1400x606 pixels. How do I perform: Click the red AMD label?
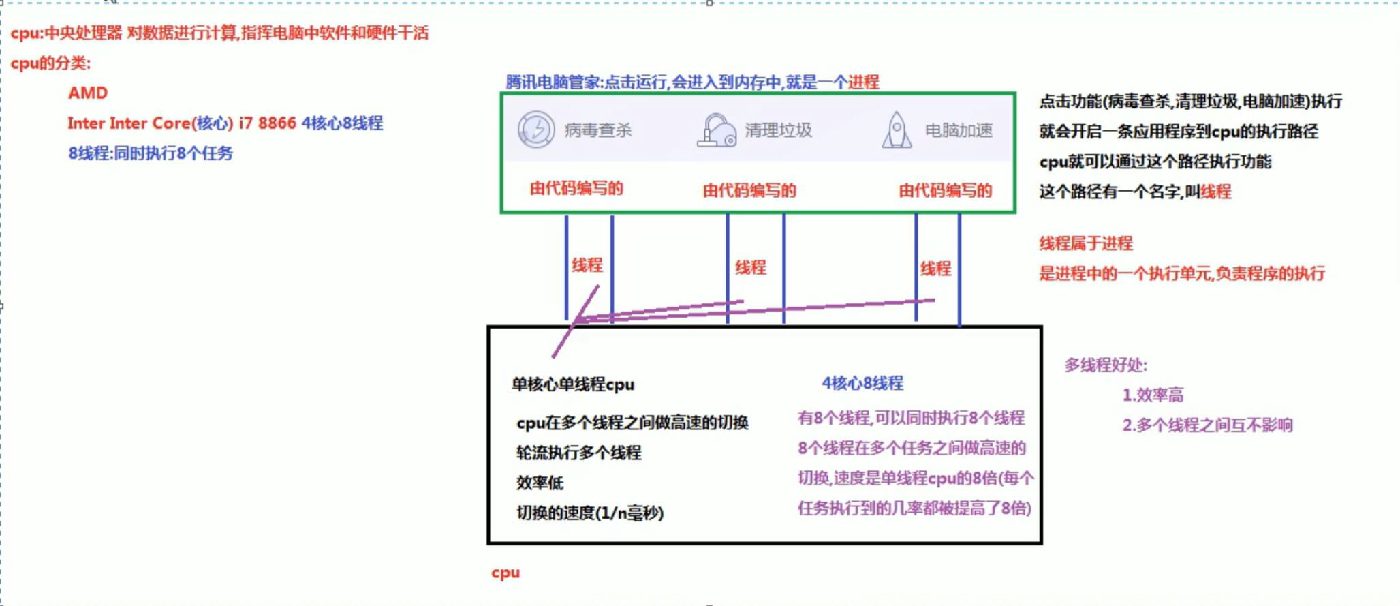pyautogui.click(x=88, y=93)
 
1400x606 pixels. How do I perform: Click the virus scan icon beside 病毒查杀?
pyautogui.click(x=536, y=130)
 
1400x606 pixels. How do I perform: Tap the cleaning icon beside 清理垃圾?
pyautogui.click(x=716, y=130)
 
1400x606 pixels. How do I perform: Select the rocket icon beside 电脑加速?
pyautogui.click(x=897, y=130)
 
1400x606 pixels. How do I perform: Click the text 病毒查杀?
pyautogui.click(x=597, y=130)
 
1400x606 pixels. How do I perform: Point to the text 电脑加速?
pyautogui.click(x=959, y=130)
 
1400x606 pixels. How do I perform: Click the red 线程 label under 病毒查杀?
pyautogui.click(x=587, y=265)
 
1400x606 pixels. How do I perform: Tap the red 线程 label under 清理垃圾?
pyautogui.click(x=751, y=267)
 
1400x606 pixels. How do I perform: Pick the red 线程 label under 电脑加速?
pyautogui.click(x=935, y=269)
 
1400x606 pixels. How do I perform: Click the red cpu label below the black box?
pyautogui.click(x=505, y=573)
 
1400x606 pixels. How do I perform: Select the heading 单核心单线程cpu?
pyautogui.click(x=573, y=384)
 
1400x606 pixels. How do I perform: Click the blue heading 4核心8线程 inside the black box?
pyautogui.click(x=862, y=383)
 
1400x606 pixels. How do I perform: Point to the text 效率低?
pyautogui.click(x=540, y=483)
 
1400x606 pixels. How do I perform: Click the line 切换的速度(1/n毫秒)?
pyautogui.click(x=590, y=513)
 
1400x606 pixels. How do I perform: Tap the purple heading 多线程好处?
pyautogui.click(x=1106, y=365)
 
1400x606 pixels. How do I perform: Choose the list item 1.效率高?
pyautogui.click(x=1153, y=395)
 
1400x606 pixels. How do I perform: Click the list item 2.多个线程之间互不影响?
pyautogui.click(x=1207, y=425)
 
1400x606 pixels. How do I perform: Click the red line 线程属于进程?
pyautogui.click(x=1085, y=243)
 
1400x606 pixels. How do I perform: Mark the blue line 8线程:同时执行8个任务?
pyautogui.click(x=151, y=153)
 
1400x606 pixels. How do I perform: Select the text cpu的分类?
pyautogui.click(x=50, y=63)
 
